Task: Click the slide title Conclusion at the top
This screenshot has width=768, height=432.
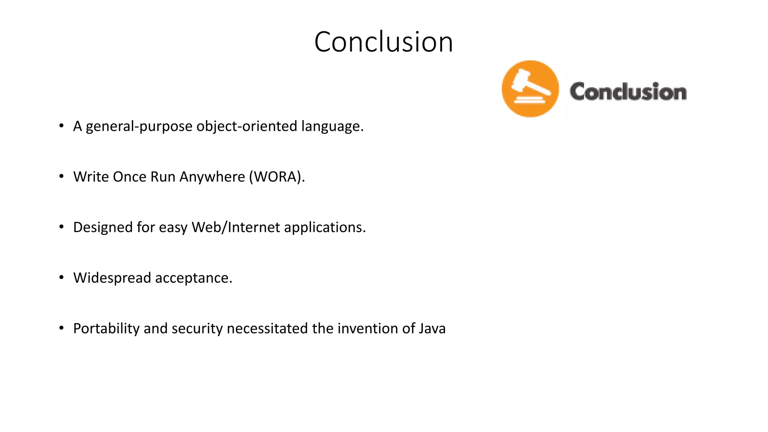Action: click(x=384, y=42)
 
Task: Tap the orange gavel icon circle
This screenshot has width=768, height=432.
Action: click(x=530, y=89)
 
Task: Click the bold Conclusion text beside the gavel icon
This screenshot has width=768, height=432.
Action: click(x=628, y=92)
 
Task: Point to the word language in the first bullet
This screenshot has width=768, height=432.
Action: click(x=331, y=126)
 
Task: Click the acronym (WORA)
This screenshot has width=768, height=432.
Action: click(x=277, y=177)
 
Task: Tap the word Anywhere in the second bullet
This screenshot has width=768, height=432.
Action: click(x=212, y=177)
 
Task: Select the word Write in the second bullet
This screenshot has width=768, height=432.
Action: click(x=90, y=177)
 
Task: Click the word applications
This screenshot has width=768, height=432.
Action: click(x=324, y=227)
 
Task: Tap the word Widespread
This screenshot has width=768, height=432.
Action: click(x=112, y=278)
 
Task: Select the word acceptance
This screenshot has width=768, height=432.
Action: click(x=193, y=278)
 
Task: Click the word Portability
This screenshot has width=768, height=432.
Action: click(x=106, y=328)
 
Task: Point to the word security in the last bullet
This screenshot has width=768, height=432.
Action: click(x=197, y=328)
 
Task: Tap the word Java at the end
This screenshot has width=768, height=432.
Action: click(x=432, y=328)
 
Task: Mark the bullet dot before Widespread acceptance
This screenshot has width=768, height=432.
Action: click(x=61, y=277)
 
